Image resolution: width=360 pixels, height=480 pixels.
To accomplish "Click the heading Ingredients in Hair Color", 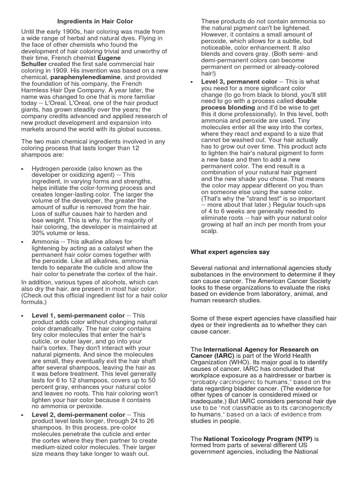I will [95, 21].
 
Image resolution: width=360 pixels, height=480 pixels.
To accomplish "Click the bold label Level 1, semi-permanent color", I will [78, 315].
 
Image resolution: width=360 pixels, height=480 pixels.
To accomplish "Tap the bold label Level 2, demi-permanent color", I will [78, 415].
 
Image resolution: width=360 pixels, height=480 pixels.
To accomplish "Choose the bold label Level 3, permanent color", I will [239, 82].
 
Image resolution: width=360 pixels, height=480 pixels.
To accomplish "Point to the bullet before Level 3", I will [192, 82].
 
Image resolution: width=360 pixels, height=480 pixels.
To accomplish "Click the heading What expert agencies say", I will [230, 252].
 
